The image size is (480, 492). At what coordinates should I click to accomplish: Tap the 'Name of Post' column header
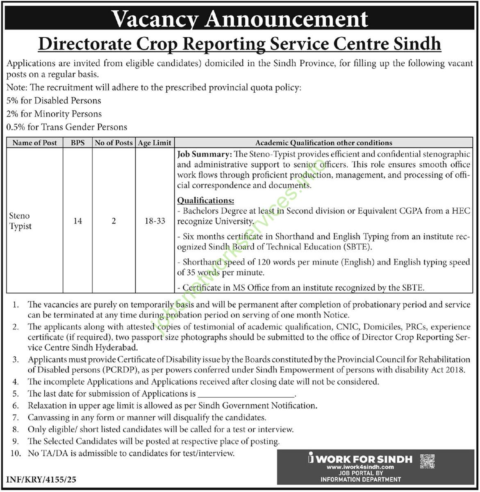[34, 143]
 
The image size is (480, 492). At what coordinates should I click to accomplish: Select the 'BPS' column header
[77, 143]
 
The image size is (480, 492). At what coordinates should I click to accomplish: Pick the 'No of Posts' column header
[114, 143]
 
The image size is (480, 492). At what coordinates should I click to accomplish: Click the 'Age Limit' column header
[155, 143]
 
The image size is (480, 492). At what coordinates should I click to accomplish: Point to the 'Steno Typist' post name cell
[20, 221]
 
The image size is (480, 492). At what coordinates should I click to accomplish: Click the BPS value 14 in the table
[77, 221]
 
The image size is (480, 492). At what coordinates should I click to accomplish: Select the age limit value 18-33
[155, 221]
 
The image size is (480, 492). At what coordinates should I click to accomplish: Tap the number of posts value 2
[114, 221]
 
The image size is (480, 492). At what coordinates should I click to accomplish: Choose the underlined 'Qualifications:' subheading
[205, 200]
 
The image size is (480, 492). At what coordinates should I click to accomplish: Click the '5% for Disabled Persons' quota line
[54, 100]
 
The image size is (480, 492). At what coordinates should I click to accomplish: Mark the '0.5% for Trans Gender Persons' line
[67, 127]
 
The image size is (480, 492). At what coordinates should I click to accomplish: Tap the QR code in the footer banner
[428, 461]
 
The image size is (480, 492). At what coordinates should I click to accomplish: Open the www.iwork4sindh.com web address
[360, 467]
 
